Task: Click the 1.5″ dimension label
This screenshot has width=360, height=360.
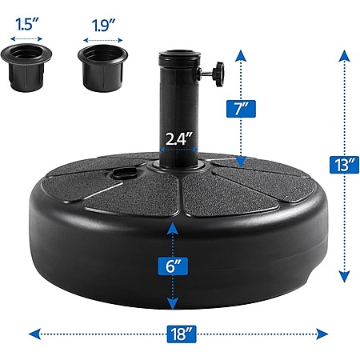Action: click(27, 24)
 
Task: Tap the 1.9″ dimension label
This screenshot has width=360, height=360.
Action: click(103, 26)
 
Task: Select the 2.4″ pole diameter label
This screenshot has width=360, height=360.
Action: click(178, 138)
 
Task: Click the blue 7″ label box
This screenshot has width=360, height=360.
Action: click(241, 109)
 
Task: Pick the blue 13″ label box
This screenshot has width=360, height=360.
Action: click(344, 165)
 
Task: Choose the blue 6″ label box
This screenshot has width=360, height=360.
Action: click(173, 266)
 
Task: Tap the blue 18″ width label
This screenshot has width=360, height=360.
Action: click(182, 334)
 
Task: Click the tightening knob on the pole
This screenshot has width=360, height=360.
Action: click(214, 74)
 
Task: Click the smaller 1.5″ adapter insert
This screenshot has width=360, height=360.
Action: click(26, 67)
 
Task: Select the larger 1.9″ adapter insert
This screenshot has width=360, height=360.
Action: click(102, 68)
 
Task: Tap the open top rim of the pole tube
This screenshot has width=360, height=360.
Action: click(179, 54)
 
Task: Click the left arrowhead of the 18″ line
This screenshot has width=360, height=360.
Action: click(34, 334)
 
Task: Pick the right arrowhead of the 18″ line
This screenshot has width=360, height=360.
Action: click(322, 334)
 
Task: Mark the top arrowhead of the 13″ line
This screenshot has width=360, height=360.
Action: click(344, 56)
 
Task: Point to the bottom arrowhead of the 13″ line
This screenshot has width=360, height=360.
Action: click(344, 277)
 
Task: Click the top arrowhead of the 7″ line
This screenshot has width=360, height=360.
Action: click(241, 56)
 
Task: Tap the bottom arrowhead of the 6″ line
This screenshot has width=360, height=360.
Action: click(173, 303)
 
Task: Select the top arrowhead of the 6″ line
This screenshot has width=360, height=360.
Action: click(173, 229)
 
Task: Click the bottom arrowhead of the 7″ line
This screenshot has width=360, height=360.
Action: click(241, 162)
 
